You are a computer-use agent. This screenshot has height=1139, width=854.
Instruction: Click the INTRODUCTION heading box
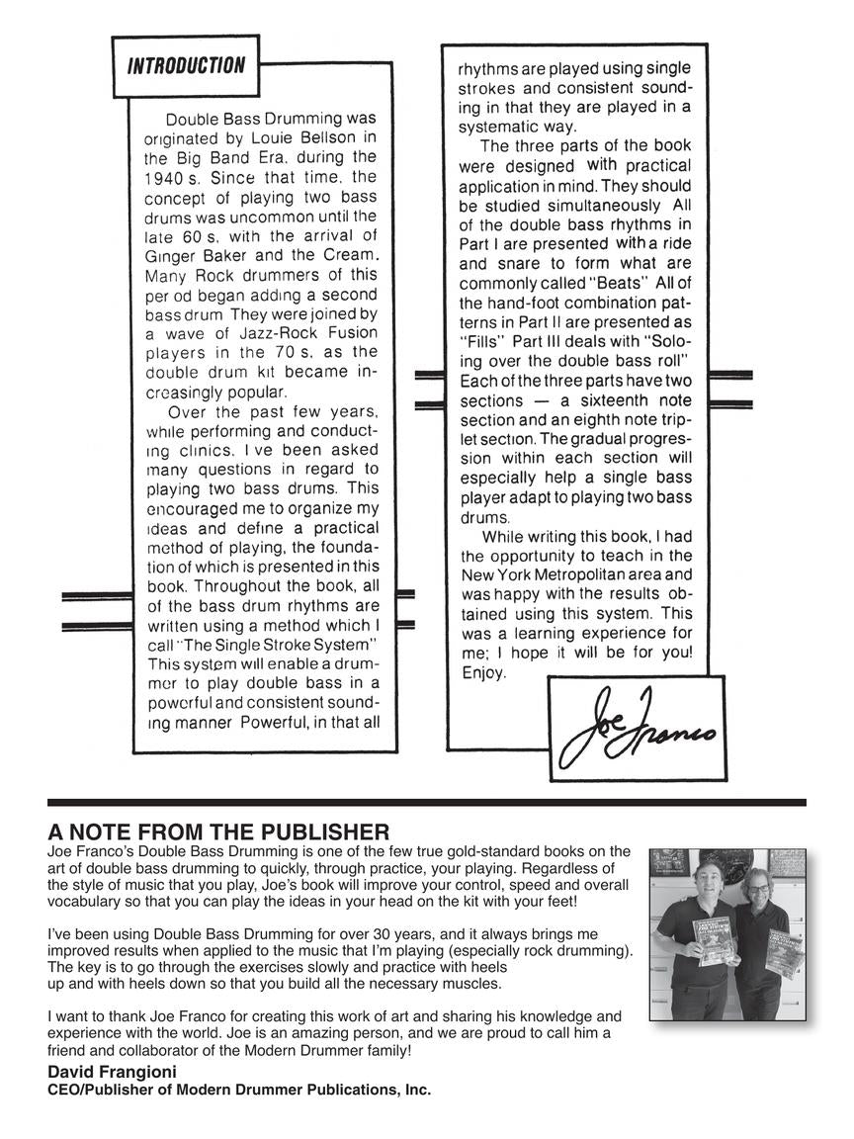pos(186,66)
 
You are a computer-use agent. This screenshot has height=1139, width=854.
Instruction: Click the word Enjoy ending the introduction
pos(484,673)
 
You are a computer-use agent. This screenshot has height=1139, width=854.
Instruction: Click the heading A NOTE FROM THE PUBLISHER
pos(218,832)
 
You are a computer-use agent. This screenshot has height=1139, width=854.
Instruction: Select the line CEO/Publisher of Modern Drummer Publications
pos(239,1090)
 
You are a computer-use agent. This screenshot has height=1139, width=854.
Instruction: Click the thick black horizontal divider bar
pos(427,802)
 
